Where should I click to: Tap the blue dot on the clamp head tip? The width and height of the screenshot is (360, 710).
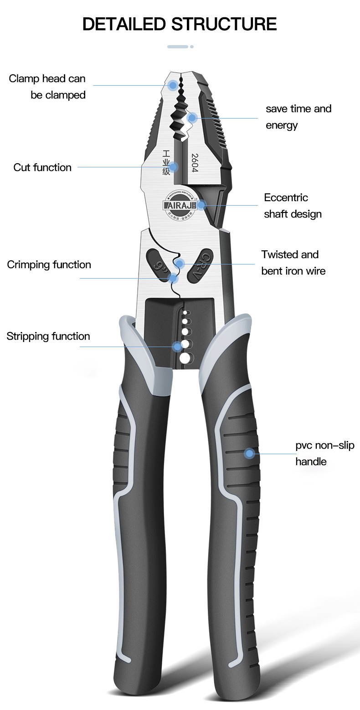coord(173,85)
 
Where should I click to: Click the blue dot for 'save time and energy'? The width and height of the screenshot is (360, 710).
coord(192,118)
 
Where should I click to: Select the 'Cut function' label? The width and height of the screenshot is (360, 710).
coord(42,167)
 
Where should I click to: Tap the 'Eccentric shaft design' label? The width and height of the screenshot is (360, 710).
coord(293,206)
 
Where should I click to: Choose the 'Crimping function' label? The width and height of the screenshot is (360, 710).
coord(49,265)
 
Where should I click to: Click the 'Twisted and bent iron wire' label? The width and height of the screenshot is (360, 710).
coord(293,263)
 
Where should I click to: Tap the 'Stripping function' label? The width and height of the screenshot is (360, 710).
coord(48,337)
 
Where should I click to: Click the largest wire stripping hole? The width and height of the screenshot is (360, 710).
coord(185,358)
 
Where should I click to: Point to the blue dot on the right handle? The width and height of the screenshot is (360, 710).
coord(249,453)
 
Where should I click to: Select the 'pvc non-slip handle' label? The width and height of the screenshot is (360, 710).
coord(324,453)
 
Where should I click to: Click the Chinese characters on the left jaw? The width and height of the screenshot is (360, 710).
coord(166,162)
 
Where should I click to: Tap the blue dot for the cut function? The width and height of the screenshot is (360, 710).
coord(174,167)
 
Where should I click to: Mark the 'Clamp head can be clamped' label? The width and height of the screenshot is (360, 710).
coord(47,87)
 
